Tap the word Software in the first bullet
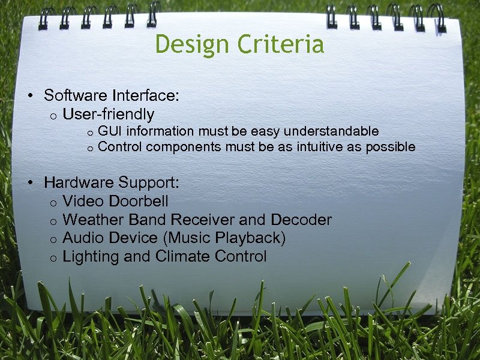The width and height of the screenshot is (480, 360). (74, 95)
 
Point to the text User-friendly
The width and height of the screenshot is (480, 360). (108, 114)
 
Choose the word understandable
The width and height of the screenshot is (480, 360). (331, 131)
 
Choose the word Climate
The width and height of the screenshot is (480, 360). (175, 257)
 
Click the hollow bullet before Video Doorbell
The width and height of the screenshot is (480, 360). (53, 202)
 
